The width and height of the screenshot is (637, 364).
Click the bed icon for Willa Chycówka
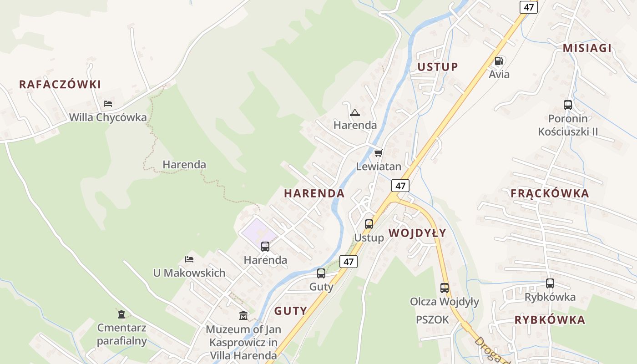click(x=108, y=104)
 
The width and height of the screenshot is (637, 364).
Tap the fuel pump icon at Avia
click(x=499, y=61)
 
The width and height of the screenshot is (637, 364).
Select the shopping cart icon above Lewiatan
click(x=378, y=153)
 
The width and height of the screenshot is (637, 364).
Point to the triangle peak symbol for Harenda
click(x=355, y=112)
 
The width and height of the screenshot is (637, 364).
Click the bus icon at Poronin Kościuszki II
click(x=568, y=105)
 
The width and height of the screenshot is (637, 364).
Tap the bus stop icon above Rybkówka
click(x=550, y=283)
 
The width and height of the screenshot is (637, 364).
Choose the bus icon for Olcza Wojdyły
click(x=445, y=288)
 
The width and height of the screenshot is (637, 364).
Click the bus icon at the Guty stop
click(x=321, y=273)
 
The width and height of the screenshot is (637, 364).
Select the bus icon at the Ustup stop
click(x=369, y=224)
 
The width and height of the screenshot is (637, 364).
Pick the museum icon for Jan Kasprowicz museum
click(x=243, y=315)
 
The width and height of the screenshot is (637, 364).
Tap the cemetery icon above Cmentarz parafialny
click(x=121, y=314)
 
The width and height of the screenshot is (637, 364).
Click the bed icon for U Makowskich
click(x=189, y=259)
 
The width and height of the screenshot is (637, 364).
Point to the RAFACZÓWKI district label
click(x=60, y=84)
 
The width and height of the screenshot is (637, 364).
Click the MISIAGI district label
click(x=587, y=48)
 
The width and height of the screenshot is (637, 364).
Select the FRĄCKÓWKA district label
click(x=550, y=193)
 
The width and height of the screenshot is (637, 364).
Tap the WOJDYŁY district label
click(x=417, y=233)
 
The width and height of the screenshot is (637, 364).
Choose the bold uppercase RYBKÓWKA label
click(x=550, y=320)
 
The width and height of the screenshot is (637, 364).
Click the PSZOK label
click(x=432, y=320)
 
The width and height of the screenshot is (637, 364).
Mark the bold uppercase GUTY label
click(x=290, y=311)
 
